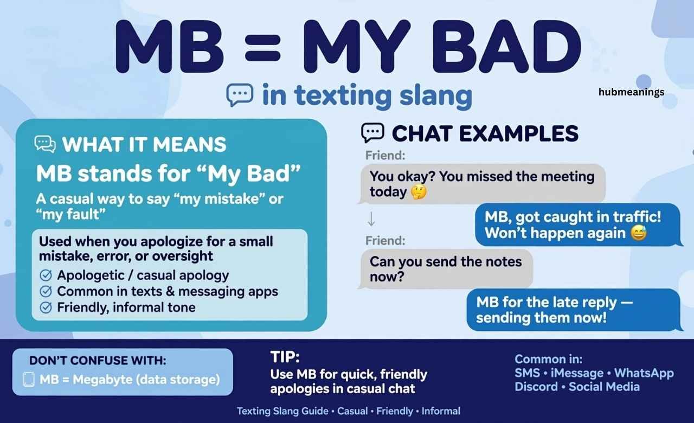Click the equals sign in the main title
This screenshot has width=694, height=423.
coord(263,47)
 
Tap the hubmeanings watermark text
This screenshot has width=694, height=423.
coord(631,92)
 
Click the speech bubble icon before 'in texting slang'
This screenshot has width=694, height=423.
coord(240,94)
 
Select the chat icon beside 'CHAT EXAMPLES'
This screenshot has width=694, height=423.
coord(372,133)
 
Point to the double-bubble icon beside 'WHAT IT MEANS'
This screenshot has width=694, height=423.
coord(45,144)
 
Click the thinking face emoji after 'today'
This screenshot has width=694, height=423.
coord(419,192)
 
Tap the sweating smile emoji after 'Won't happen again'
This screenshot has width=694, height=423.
coord(639,233)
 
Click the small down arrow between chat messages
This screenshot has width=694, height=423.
coord(371,219)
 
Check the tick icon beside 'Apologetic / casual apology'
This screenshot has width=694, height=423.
coord(46,275)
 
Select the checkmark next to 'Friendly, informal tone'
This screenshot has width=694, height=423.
coord(46,307)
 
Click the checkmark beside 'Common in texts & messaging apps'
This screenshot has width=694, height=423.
coord(46,291)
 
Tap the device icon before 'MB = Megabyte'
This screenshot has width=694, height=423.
coord(29,379)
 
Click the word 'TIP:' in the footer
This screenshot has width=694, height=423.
coord(285,357)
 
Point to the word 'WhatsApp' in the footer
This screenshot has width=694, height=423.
coord(644,373)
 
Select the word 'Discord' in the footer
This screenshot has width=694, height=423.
coord(536,387)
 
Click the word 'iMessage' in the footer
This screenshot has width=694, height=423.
coord(577,373)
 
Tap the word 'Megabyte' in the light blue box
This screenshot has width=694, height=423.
coord(102,380)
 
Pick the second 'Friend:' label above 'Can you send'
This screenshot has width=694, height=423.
coord(385,240)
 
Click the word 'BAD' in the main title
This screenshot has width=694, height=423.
coord(506,47)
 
